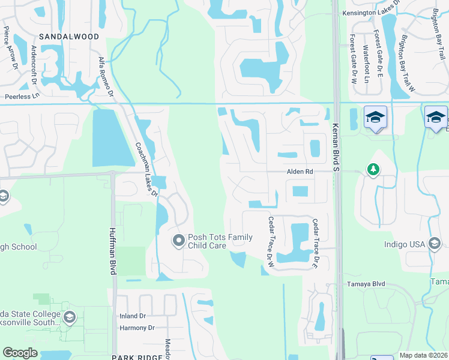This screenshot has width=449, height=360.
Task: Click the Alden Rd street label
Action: click(300, 172)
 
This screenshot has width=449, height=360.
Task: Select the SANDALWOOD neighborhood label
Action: click(68, 37)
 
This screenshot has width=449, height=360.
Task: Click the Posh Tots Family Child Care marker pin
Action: click(178, 241)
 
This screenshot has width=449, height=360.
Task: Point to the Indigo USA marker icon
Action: click(435, 244)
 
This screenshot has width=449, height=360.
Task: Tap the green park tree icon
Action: click(373, 170)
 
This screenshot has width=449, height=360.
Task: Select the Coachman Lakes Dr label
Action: click(146, 169)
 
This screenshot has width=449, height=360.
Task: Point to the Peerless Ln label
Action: click(22, 96)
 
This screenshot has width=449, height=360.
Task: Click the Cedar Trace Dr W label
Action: click(271, 242)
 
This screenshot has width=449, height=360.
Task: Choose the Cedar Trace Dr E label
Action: click(315, 243)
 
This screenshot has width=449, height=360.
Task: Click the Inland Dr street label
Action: click(133, 316)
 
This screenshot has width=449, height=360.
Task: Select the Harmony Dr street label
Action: click(137, 328)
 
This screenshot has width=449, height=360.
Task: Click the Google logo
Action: click(20, 352)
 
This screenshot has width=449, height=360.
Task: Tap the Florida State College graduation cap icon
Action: click(70, 316)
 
